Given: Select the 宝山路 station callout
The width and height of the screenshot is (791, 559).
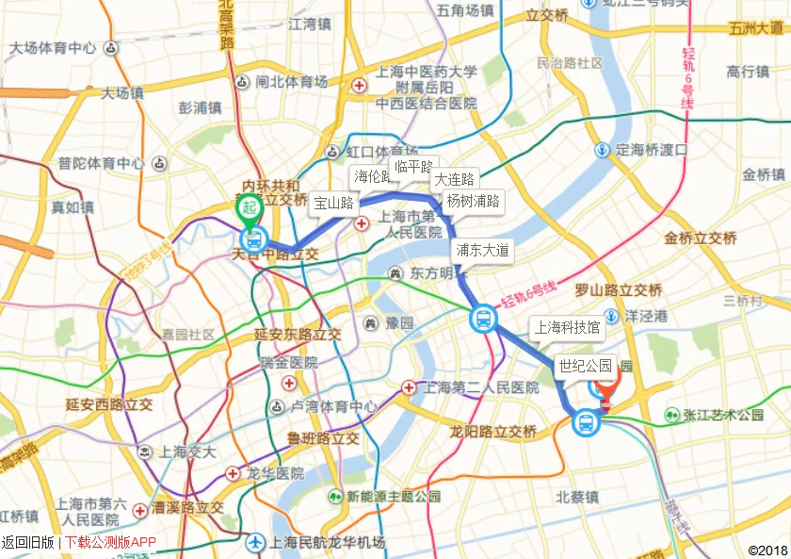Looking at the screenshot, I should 333,202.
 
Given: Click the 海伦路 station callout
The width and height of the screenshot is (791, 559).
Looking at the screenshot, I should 373,175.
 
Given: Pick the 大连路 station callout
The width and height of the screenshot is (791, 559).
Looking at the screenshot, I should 454,178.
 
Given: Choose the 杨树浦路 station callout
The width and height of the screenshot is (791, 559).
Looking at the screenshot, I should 473,200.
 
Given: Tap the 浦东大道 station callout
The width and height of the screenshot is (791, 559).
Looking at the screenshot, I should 482,250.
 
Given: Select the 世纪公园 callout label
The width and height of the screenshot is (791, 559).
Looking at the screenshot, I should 585,366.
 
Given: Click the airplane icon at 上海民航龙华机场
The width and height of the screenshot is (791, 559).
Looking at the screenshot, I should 255,542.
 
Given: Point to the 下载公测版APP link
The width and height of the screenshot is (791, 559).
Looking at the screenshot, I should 110,542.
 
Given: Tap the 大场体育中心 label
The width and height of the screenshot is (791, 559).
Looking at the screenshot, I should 53,47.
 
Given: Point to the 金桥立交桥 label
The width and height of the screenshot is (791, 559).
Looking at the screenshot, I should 700,238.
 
